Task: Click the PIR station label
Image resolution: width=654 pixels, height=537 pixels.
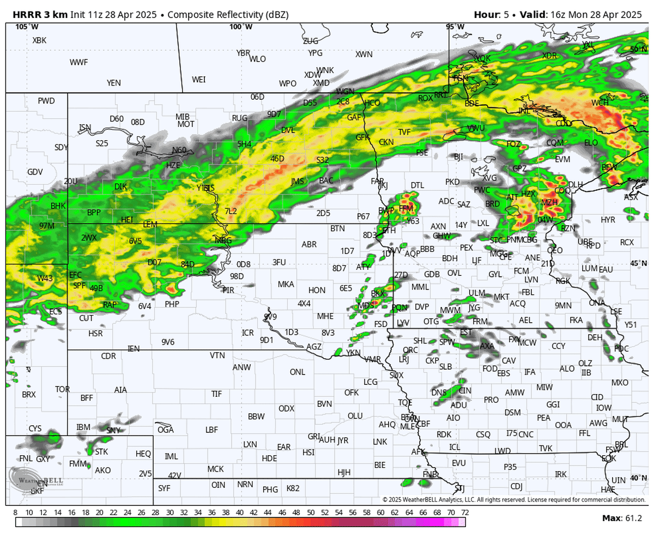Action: (228, 290)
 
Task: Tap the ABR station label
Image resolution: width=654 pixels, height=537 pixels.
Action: (309, 245)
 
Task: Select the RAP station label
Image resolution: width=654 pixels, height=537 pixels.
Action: (110, 305)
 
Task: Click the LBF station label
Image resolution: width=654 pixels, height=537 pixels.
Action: (211, 430)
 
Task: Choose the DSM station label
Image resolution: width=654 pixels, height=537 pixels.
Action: (512, 413)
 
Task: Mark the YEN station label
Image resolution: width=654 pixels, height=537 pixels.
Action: (114, 83)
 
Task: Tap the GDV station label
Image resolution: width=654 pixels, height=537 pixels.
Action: (35, 172)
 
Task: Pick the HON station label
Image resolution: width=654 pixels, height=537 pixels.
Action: (317, 290)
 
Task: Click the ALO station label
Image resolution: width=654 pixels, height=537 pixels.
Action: (567, 369)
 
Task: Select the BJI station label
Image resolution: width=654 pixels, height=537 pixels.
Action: (458, 156)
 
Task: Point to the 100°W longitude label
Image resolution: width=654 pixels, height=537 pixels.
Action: (240, 27)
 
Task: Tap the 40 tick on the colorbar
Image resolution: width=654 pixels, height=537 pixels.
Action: (240, 513)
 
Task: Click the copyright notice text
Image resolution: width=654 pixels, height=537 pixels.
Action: (513, 499)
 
